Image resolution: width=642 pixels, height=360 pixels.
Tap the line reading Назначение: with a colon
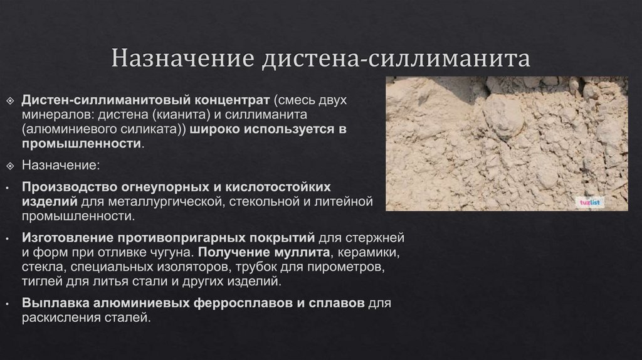[x=60, y=166]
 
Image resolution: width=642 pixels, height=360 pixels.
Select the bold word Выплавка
[x=55, y=304]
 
